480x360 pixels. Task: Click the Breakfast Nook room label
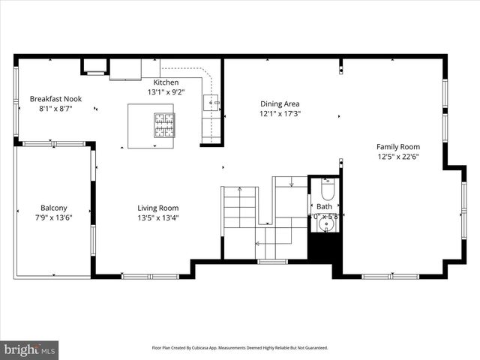pos(55,98)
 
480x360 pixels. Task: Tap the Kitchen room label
pos(166,82)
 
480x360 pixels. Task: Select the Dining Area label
pos(280,103)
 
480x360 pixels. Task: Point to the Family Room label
pos(398,147)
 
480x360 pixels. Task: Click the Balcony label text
pos(53,208)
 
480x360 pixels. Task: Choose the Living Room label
pos(157,208)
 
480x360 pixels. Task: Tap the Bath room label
pos(324,206)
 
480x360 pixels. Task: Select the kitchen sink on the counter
pos(212,103)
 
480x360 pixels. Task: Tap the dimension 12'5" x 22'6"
pos(398,157)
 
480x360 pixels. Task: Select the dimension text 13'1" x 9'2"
pos(166,91)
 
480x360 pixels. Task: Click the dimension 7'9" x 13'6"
pos(53,218)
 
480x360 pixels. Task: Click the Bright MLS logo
pos(30,349)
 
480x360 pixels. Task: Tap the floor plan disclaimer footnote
pos(240,348)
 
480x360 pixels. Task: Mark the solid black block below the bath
pos(325,247)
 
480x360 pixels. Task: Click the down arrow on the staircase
pos(290,182)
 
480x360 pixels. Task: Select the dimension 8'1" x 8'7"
pos(55,109)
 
